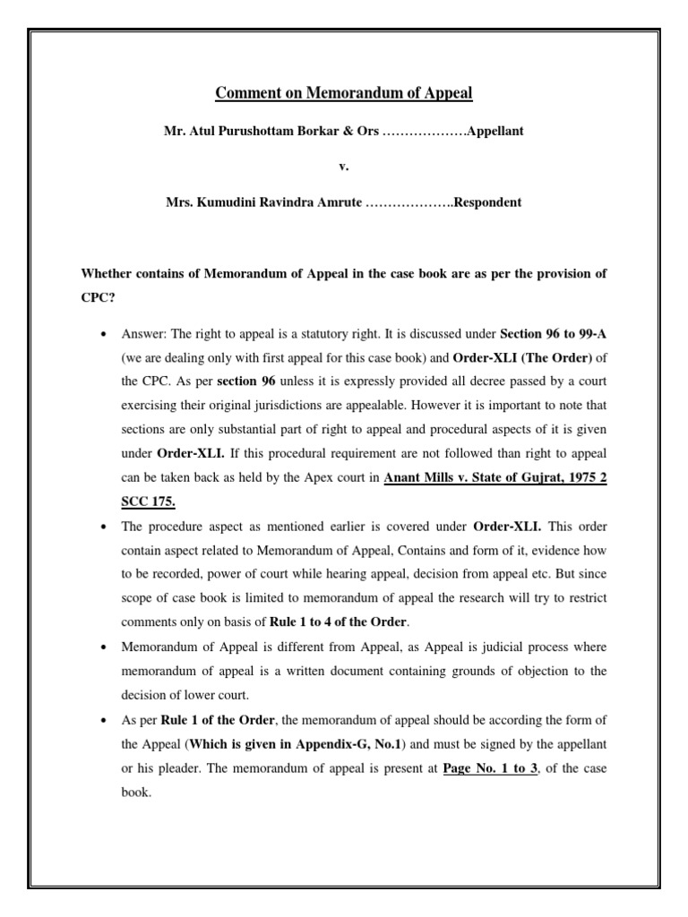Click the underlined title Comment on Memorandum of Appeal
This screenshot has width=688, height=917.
(x=344, y=92)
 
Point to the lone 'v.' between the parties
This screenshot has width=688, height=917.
(x=344, y=167)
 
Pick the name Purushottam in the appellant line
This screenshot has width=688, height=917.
(x=253, y=131)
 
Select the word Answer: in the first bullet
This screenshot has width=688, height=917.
(x=145, y=333)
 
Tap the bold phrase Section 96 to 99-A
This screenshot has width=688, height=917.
(x=553, y=333)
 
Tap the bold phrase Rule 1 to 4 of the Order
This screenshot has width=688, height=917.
(x=335, y=621)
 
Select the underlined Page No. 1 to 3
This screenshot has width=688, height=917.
(x=490, y=768)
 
